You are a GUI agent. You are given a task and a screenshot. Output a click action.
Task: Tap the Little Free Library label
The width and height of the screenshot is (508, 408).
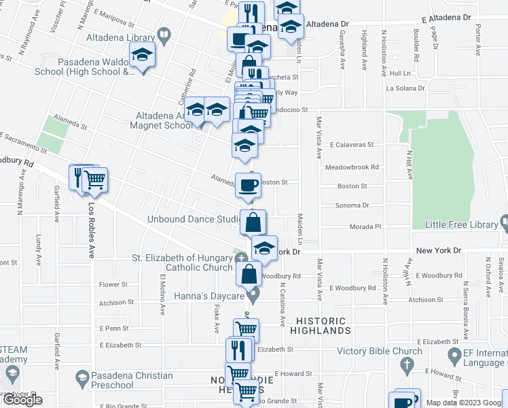(x=460, y=224)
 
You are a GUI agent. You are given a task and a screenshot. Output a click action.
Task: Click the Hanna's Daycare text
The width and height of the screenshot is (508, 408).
(x=211, y=296)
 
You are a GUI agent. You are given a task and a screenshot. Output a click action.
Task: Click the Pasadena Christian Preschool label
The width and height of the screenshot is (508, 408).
(x=134, y=381)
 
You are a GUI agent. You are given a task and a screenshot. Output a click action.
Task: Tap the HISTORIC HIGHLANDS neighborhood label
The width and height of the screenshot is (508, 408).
(x=323, y=326)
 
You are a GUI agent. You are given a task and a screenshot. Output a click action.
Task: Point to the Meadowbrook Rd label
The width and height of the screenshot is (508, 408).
(x=351, y=166)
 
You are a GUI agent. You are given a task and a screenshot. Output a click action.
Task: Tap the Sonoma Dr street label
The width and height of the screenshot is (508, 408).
(x=352, y=205)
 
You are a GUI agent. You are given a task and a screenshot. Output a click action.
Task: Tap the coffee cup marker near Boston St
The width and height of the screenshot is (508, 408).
(x=248, y=184)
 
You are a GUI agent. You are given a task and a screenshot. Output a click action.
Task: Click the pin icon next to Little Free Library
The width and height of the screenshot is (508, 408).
(x=503, y=223)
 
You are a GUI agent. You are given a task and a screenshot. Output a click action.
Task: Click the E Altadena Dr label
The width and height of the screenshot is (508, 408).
(x=446, y=19)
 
